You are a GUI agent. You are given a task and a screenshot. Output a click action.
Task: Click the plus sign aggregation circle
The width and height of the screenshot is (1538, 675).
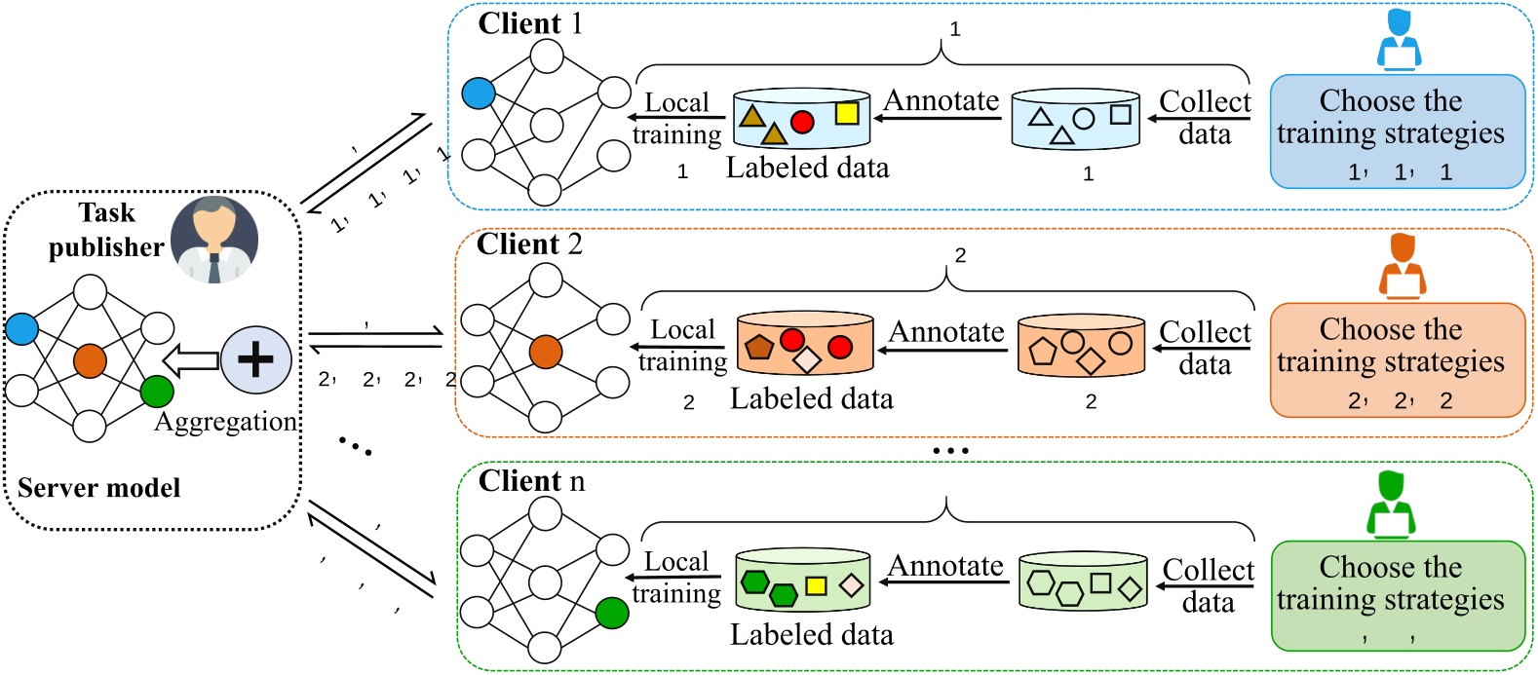tap(255, 359)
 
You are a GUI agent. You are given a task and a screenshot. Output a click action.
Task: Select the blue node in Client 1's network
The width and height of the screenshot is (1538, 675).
tap(479, 94)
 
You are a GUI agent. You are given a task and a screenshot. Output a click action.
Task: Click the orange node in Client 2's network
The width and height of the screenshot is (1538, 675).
tap(546, 352)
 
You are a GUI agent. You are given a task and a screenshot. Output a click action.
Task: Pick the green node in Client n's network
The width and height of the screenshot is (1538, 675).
tap(612, 613)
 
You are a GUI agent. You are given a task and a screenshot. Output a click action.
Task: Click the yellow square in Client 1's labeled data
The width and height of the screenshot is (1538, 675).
tap(847, 114)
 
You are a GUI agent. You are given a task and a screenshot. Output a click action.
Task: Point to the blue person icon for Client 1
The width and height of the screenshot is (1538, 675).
tap(1399, 41)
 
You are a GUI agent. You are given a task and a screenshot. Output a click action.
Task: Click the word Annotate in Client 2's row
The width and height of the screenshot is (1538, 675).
tap(945, 332)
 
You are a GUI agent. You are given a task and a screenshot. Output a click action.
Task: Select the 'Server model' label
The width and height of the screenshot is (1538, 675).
tap(99, 488)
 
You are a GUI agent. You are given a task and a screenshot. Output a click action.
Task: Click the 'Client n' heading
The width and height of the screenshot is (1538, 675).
tap(531, 481)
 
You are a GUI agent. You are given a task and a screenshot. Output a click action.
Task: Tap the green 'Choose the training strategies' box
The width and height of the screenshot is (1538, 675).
tap(1397, 595)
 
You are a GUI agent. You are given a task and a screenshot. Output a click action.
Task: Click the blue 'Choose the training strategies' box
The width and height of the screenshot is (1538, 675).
tap(1397, 131)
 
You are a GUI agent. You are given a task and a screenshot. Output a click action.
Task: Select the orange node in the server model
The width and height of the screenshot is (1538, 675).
tap(90, 360)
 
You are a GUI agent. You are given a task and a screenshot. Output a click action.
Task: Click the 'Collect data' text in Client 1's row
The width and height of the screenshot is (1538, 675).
tap(1205, 117)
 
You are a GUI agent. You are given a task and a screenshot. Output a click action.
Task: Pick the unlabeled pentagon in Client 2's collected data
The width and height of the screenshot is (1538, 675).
tap(1043, 352)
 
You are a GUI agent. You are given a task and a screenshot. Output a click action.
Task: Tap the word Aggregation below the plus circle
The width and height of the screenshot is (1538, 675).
tap(226, 422)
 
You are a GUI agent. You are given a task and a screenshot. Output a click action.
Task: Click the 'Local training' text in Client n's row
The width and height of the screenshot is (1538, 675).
tap(677, 578)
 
